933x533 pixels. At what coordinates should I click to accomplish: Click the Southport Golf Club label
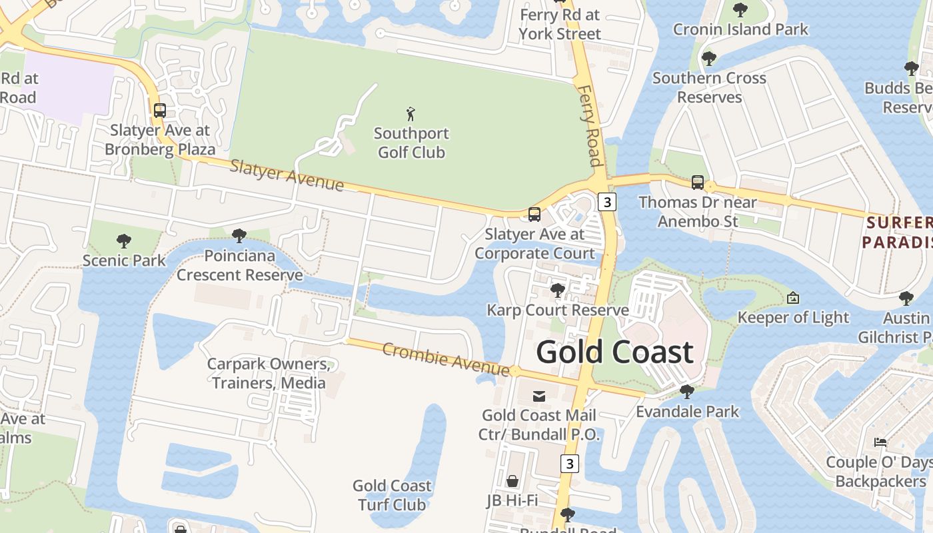[x=411, y=143]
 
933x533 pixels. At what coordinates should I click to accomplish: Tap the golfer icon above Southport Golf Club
[x=411, y=114]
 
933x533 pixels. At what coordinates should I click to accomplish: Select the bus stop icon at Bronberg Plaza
[x=160, y=111]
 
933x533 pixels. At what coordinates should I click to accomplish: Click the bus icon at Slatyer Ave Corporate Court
[x=534, y=214]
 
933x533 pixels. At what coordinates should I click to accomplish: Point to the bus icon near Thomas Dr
[x=698, y=182]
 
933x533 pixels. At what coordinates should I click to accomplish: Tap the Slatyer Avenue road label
[x=287, y=175]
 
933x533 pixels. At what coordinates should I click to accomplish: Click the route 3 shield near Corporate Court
[x=606, y=201]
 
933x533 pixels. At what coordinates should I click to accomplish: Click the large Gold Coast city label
[x=614, y=352]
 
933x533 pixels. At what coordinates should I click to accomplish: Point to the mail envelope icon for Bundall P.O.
[x=539, y=396]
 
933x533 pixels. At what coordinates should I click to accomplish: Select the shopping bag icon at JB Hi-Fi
[x=512, y=481]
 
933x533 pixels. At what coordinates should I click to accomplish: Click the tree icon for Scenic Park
[x=123, y=241]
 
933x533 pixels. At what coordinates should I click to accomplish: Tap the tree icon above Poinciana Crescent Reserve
[x=239, y=235]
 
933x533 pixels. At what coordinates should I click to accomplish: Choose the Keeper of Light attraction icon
[x=793, y=298]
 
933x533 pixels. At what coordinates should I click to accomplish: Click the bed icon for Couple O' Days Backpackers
[x=880, y=442]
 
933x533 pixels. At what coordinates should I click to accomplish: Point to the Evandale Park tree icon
[x=687, y=391]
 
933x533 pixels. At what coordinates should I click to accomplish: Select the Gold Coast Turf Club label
[x=392, y=495]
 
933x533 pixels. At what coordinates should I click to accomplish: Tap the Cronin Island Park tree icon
[x=740, y=9]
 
